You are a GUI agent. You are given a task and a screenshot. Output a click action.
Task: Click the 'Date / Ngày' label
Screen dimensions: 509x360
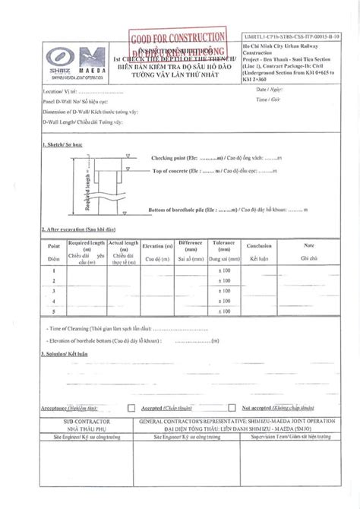point(268,90)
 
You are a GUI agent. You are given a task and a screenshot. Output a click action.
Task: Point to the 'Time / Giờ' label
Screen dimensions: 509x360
point(268,99)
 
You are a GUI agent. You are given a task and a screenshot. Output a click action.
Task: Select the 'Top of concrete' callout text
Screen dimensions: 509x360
point(176,172)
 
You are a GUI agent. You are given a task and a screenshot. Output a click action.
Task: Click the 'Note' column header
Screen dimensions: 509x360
point(308,246)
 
